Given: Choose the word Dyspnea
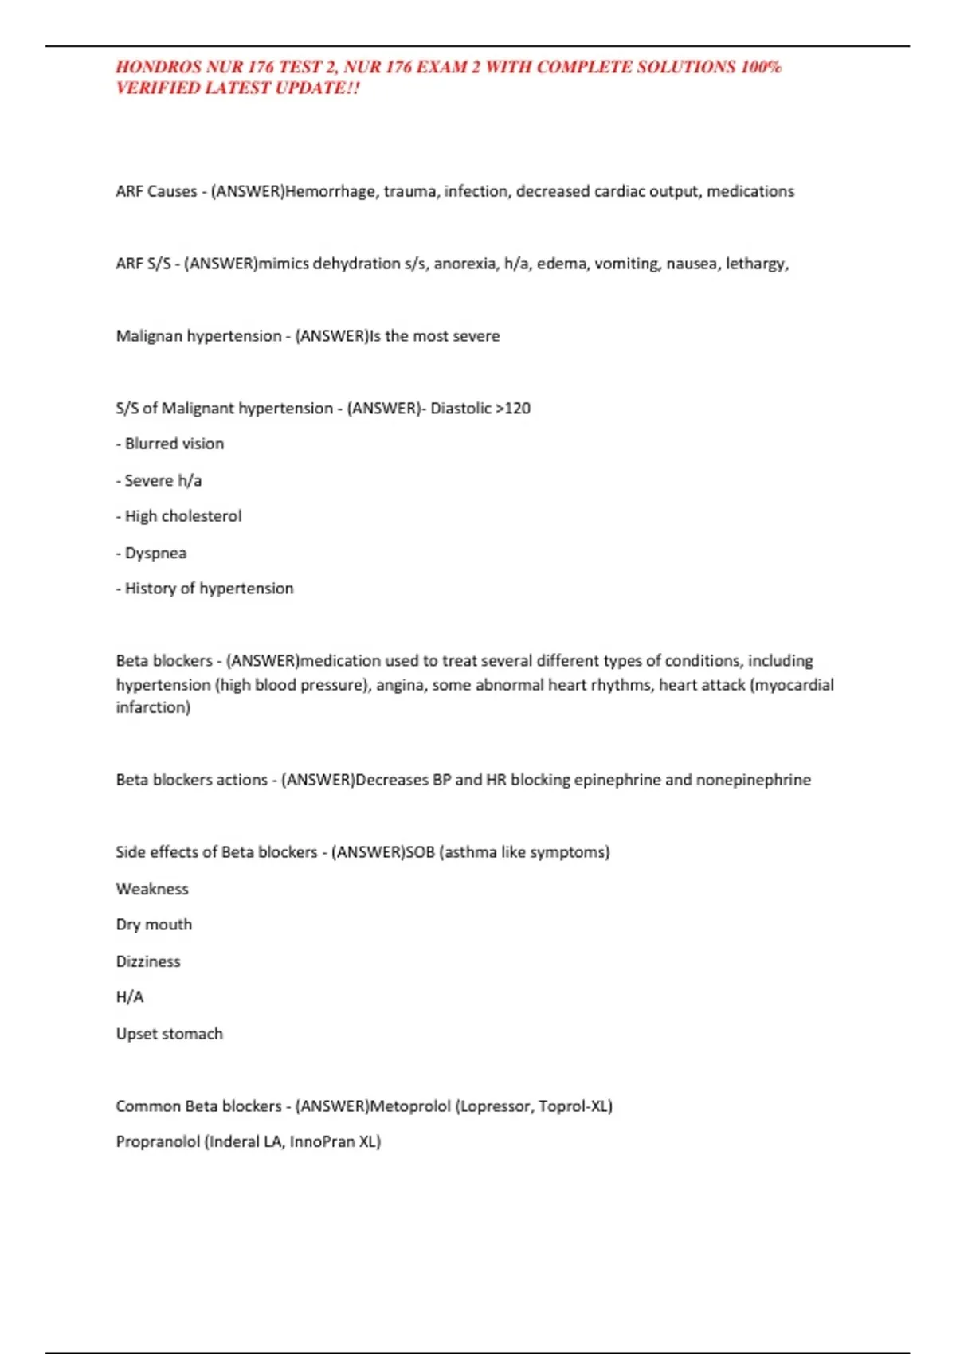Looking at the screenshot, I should tap(155, 553).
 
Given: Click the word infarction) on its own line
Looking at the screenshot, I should tap(153, 707).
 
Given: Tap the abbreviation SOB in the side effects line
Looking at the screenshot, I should tap(420, 852).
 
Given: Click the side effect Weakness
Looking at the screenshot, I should tap(152, 889).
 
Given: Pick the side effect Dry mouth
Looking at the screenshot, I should tap(154, 925).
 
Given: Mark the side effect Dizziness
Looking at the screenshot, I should tap(148, 961).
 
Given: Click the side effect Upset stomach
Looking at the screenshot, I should tap(169, 1034).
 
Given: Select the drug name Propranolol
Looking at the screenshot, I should tap(158, 1142).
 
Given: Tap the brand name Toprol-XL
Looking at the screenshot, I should tap(573, 1106).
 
